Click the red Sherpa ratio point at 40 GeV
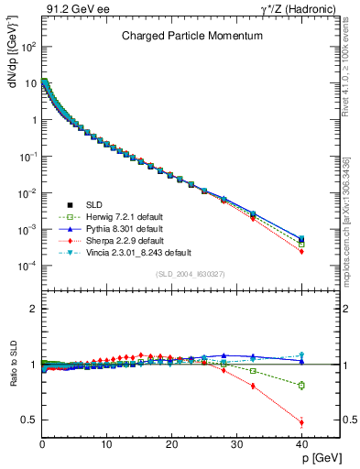click(x=301, y=422)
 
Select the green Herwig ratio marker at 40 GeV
click(x=301, y=386)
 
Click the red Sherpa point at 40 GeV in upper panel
click(x=301, y=251)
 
